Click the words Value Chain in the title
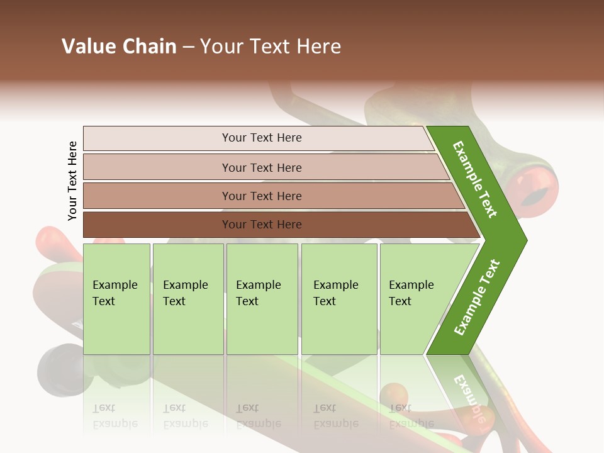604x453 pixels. point(119,47)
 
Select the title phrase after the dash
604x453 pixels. point(271,47)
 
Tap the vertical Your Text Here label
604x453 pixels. point(72,181)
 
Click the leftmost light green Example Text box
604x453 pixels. point(116,299)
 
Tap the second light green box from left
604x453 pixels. point(187,299)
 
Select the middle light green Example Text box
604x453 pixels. point(262,299)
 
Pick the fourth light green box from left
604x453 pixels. point(338,299)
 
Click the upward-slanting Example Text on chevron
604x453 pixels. point(477,297)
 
